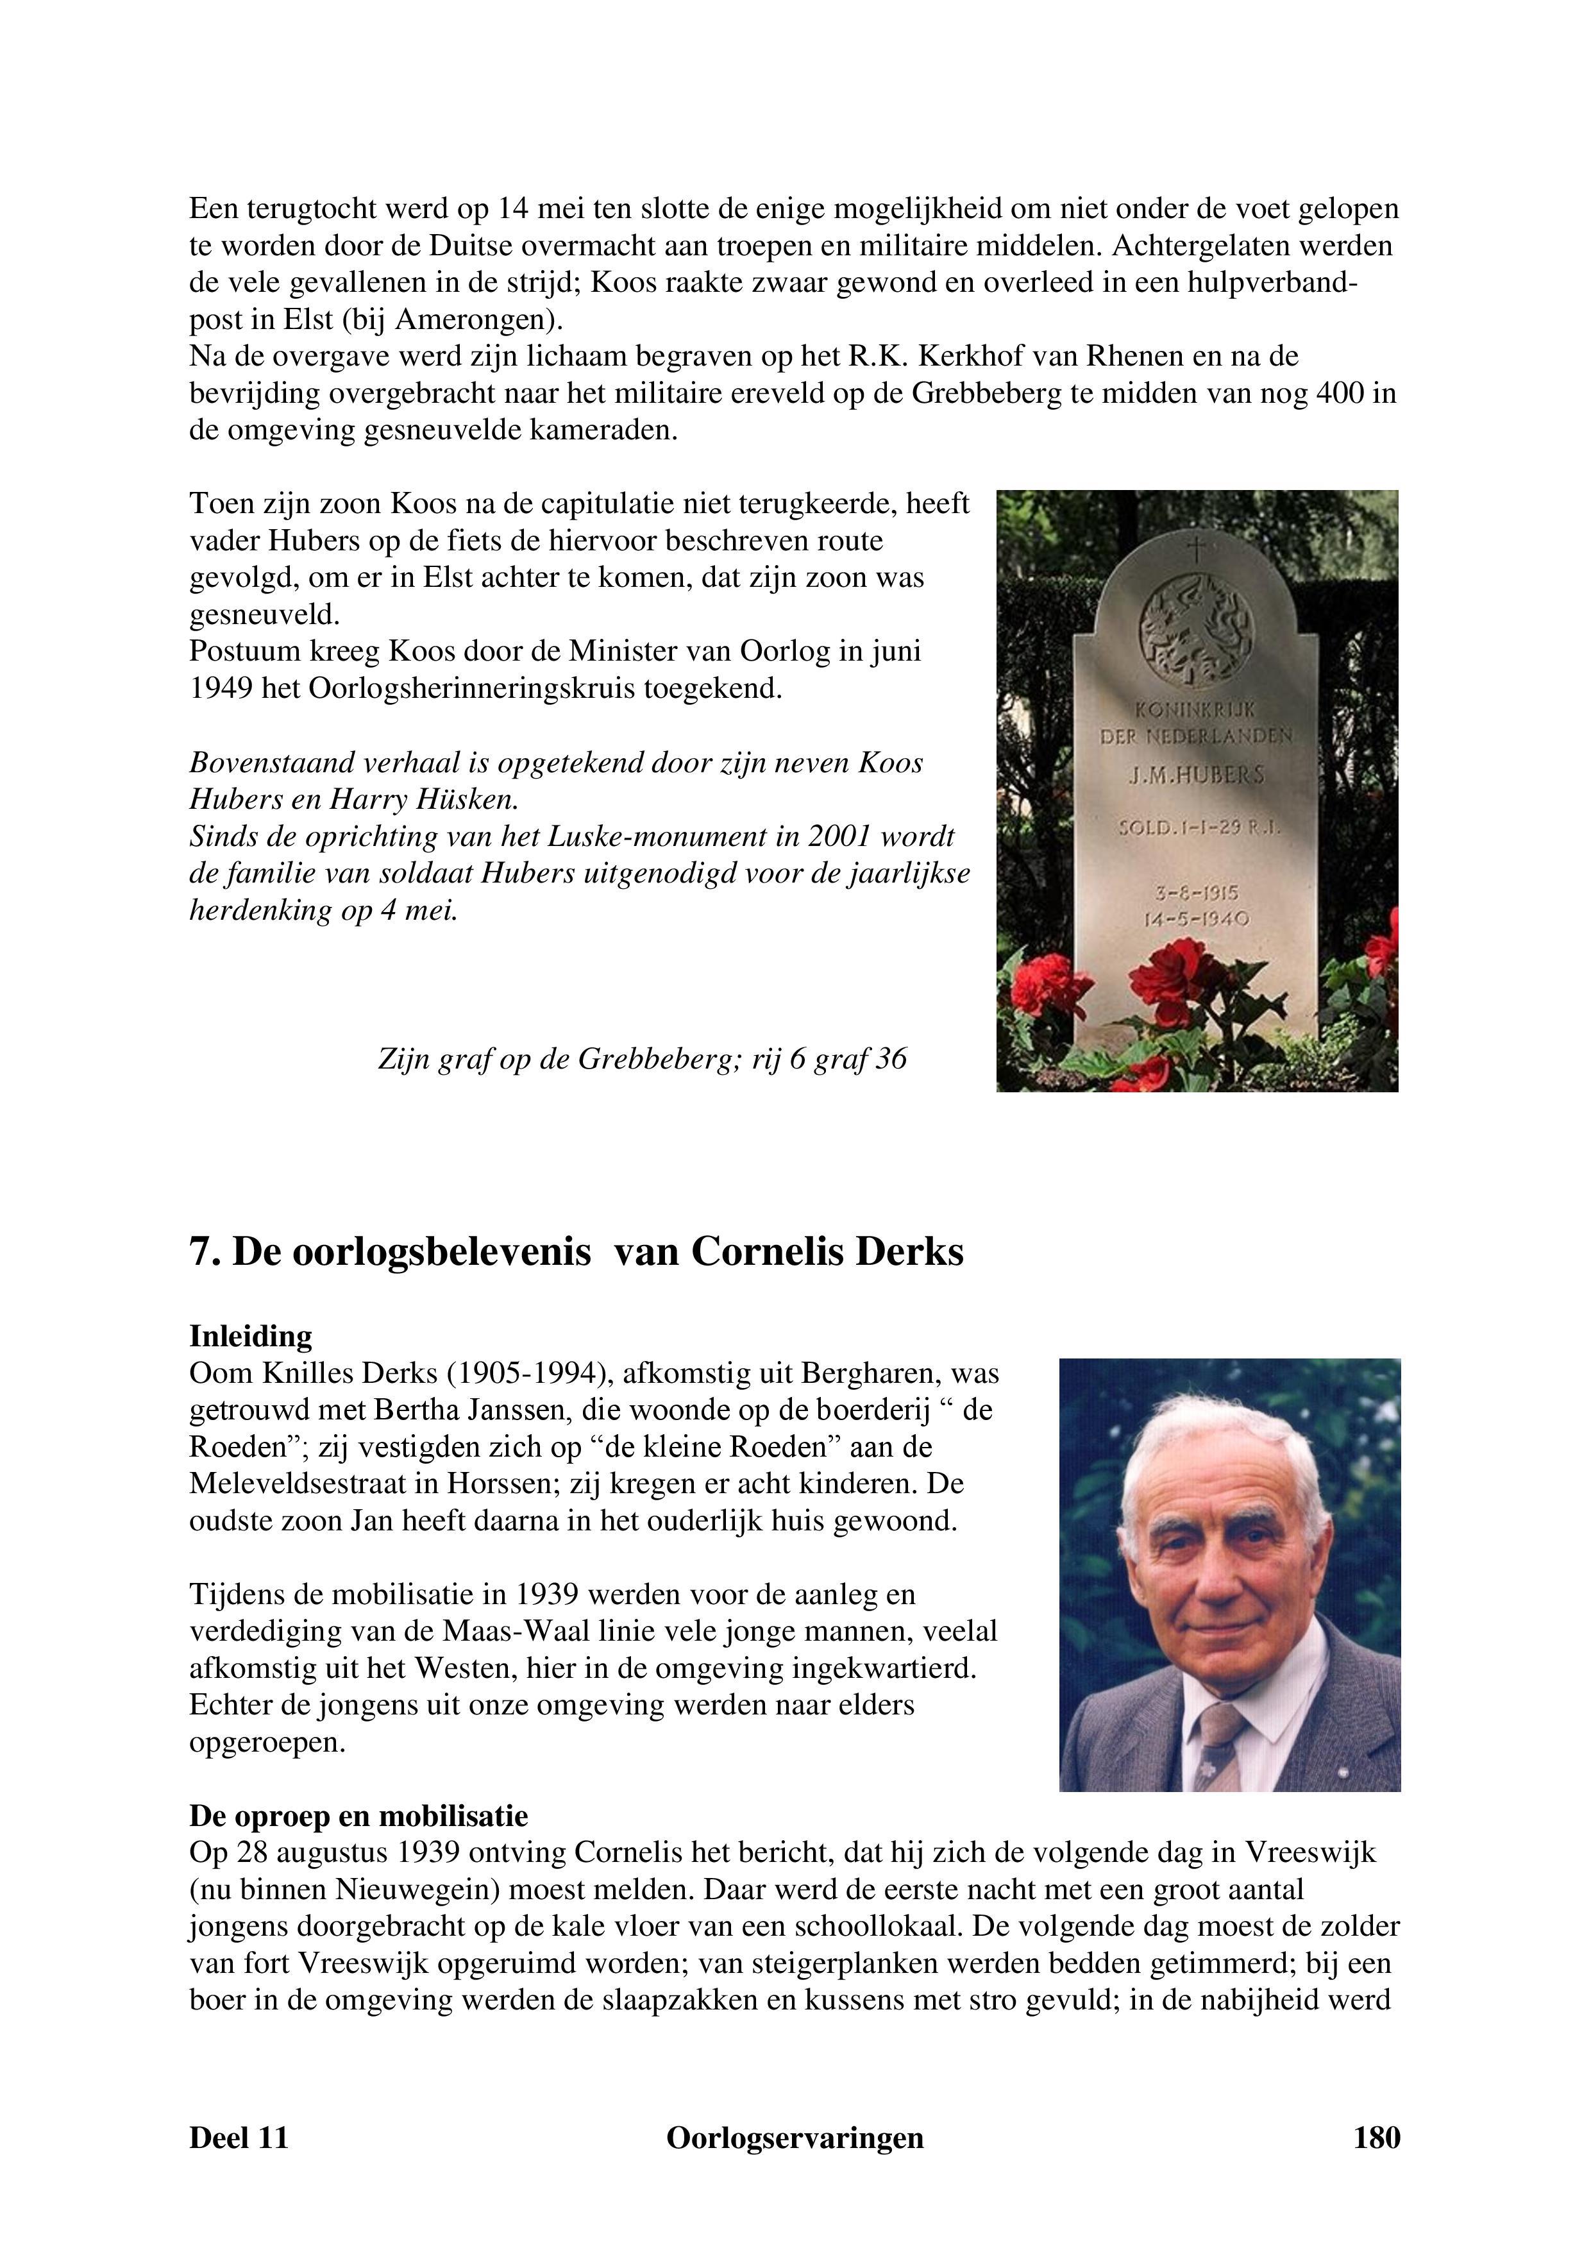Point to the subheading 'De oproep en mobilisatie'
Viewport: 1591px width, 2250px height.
tap(358, 1816)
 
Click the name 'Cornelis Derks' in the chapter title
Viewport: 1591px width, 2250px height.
tap(828, 1253)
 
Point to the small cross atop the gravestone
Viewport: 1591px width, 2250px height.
tap(1194, 548)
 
